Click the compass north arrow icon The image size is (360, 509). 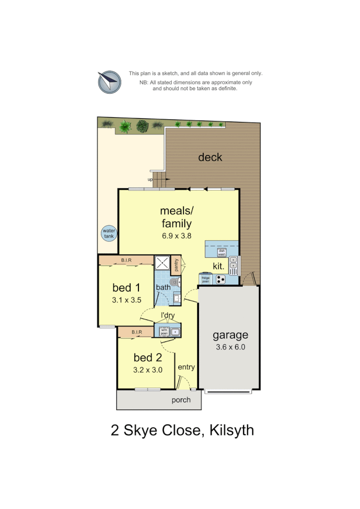click(109, 82)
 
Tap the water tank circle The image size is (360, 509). click(109, 234)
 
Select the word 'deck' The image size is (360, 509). click(210, 157)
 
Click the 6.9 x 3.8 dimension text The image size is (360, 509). click(176, 236)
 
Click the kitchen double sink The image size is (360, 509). click(234, 262)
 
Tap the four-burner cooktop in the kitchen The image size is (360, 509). click(221, 279)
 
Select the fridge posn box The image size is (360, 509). click(205, 279)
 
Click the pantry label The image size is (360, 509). click(176, 265)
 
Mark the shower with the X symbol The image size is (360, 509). click(162, 262)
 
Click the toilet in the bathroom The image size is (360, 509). click(176, 283)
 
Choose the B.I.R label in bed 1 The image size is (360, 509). click(126, 260)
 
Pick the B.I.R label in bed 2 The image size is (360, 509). click(136, 332)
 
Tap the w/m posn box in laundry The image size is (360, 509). click(163, 331)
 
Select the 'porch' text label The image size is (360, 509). click(181, 400)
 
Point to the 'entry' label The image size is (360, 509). click(186, 367)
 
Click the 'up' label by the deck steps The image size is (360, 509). click(150, 180)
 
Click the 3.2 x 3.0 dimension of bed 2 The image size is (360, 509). click(148, 370)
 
